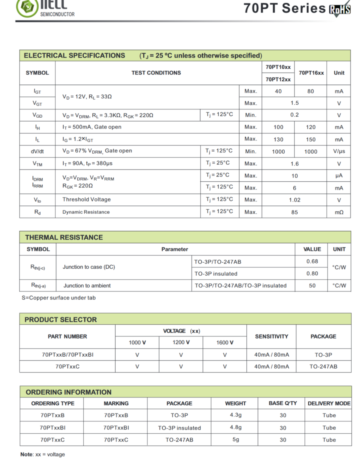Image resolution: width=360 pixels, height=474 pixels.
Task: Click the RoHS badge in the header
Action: pyautogui.click(x=339, y=8)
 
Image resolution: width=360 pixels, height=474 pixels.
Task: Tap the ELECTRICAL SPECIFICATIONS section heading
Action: pyautogui.click(x=75, y=56)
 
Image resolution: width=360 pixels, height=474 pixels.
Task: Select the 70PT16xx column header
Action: pyautogui.click(x=311, y=73)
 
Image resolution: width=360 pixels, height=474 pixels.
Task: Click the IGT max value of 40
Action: pyautogui.click(x=278, y=91)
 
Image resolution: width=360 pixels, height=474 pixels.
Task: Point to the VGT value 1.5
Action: pyautogui.click(x=294, y=103)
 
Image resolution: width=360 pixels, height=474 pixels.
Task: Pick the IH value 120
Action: pyautogui.click(x=311, y=127)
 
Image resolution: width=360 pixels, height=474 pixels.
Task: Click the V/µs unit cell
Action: pyautogui.click(x=339, y=151)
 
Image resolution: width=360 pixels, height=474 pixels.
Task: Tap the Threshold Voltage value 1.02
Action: pyautogui.click(x=294, y=200)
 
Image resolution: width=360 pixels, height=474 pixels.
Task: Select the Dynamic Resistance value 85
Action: pyautogui.click(x=294, y=212)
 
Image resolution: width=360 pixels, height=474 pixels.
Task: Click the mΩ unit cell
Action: pyautogui.click(x=339, y=212)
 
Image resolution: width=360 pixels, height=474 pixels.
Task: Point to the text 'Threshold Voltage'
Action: pyautogui.click(x=86, y=199)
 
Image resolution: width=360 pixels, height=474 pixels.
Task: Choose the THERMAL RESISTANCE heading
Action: pyautogui.click(x=64, y=237)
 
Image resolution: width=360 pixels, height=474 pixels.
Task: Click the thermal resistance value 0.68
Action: pyautogui.click(x=312, y=261)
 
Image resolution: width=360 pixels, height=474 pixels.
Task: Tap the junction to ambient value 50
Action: pyautogui.click(x=312, y=286)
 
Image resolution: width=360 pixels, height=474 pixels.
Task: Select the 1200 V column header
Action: pyautogui.click(x=181, y=342)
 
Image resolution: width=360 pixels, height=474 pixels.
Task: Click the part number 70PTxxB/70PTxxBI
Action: pyautogui.click(x=67, y=355)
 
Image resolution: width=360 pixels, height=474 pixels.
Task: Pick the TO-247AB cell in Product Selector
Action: pyautogui.click(x=323, y=367)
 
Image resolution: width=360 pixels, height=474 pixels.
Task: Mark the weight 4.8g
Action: pyautogui.click(x=236, y=427)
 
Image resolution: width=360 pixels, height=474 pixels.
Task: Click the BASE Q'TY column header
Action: pyautogui.click(x=283, y=403)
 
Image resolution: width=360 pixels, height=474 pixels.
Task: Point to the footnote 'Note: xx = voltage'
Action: pyautogui.click(x=43, y=454)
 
